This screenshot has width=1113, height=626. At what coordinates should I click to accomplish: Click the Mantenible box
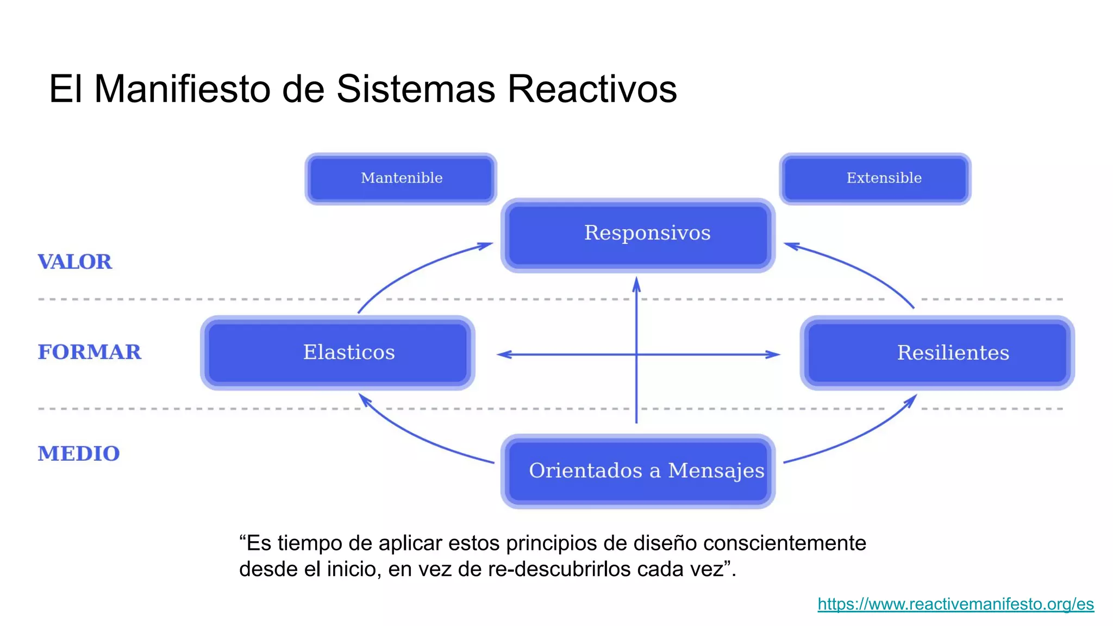point(401,178)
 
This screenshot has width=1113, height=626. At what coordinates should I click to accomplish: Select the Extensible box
point(875,178)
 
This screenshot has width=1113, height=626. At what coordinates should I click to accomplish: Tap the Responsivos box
point(638,234)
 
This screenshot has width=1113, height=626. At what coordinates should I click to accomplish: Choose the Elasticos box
point(337,352)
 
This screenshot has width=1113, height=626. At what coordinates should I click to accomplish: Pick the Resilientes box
point(937,352)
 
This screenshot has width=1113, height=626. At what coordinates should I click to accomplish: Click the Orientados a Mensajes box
point(638,471)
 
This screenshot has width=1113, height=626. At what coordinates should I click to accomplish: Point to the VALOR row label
point(75,262)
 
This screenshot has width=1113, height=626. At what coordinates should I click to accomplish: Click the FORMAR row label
point(90,352)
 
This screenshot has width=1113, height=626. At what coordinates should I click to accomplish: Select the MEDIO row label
point(79,454)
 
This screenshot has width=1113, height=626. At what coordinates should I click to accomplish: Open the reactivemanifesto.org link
point(955,604)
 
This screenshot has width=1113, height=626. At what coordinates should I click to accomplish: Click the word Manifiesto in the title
point(183,89)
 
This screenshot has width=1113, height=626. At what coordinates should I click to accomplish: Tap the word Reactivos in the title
point(592,89)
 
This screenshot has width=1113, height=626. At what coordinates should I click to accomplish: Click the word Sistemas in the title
point(416,89)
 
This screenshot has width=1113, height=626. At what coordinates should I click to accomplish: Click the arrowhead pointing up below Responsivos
point(636,284)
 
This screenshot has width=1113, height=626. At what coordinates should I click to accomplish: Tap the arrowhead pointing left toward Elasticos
point(504,355)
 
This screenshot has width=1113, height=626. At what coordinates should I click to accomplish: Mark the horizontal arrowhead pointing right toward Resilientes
point(773,355)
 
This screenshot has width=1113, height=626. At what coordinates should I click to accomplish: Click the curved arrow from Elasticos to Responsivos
point(413,266)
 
